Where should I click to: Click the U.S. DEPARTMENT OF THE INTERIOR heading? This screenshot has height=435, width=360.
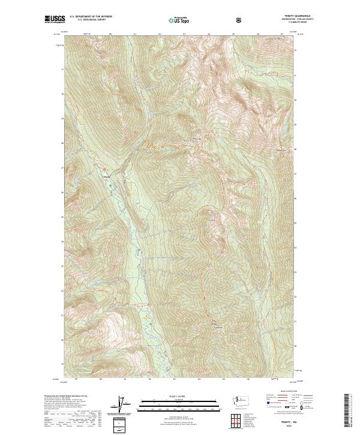click(x=91, y=17)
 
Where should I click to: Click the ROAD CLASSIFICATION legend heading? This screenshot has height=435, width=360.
click(x=284, y=391)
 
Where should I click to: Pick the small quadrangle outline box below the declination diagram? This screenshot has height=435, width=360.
click(x=123, y=426)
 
